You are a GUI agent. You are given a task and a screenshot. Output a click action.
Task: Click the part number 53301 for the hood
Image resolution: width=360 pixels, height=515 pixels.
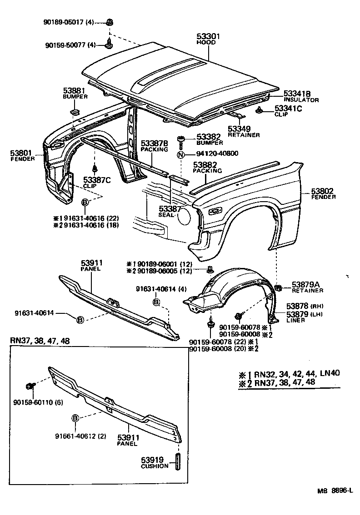[206, 36]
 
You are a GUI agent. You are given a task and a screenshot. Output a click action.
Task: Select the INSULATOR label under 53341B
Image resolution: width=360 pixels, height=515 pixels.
[301, 99]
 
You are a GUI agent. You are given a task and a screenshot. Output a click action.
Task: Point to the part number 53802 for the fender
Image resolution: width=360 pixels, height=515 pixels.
[323, 191]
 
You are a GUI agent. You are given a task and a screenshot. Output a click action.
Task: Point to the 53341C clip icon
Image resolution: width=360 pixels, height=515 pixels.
[260, 109]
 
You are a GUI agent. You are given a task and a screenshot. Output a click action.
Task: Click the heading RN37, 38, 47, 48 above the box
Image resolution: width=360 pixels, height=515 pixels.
[40, 341]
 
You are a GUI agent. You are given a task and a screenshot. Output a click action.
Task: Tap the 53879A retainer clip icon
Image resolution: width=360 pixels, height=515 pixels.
[279, 287]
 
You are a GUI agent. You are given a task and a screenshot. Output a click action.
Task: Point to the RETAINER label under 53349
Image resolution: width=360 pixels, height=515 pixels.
[244, 135]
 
